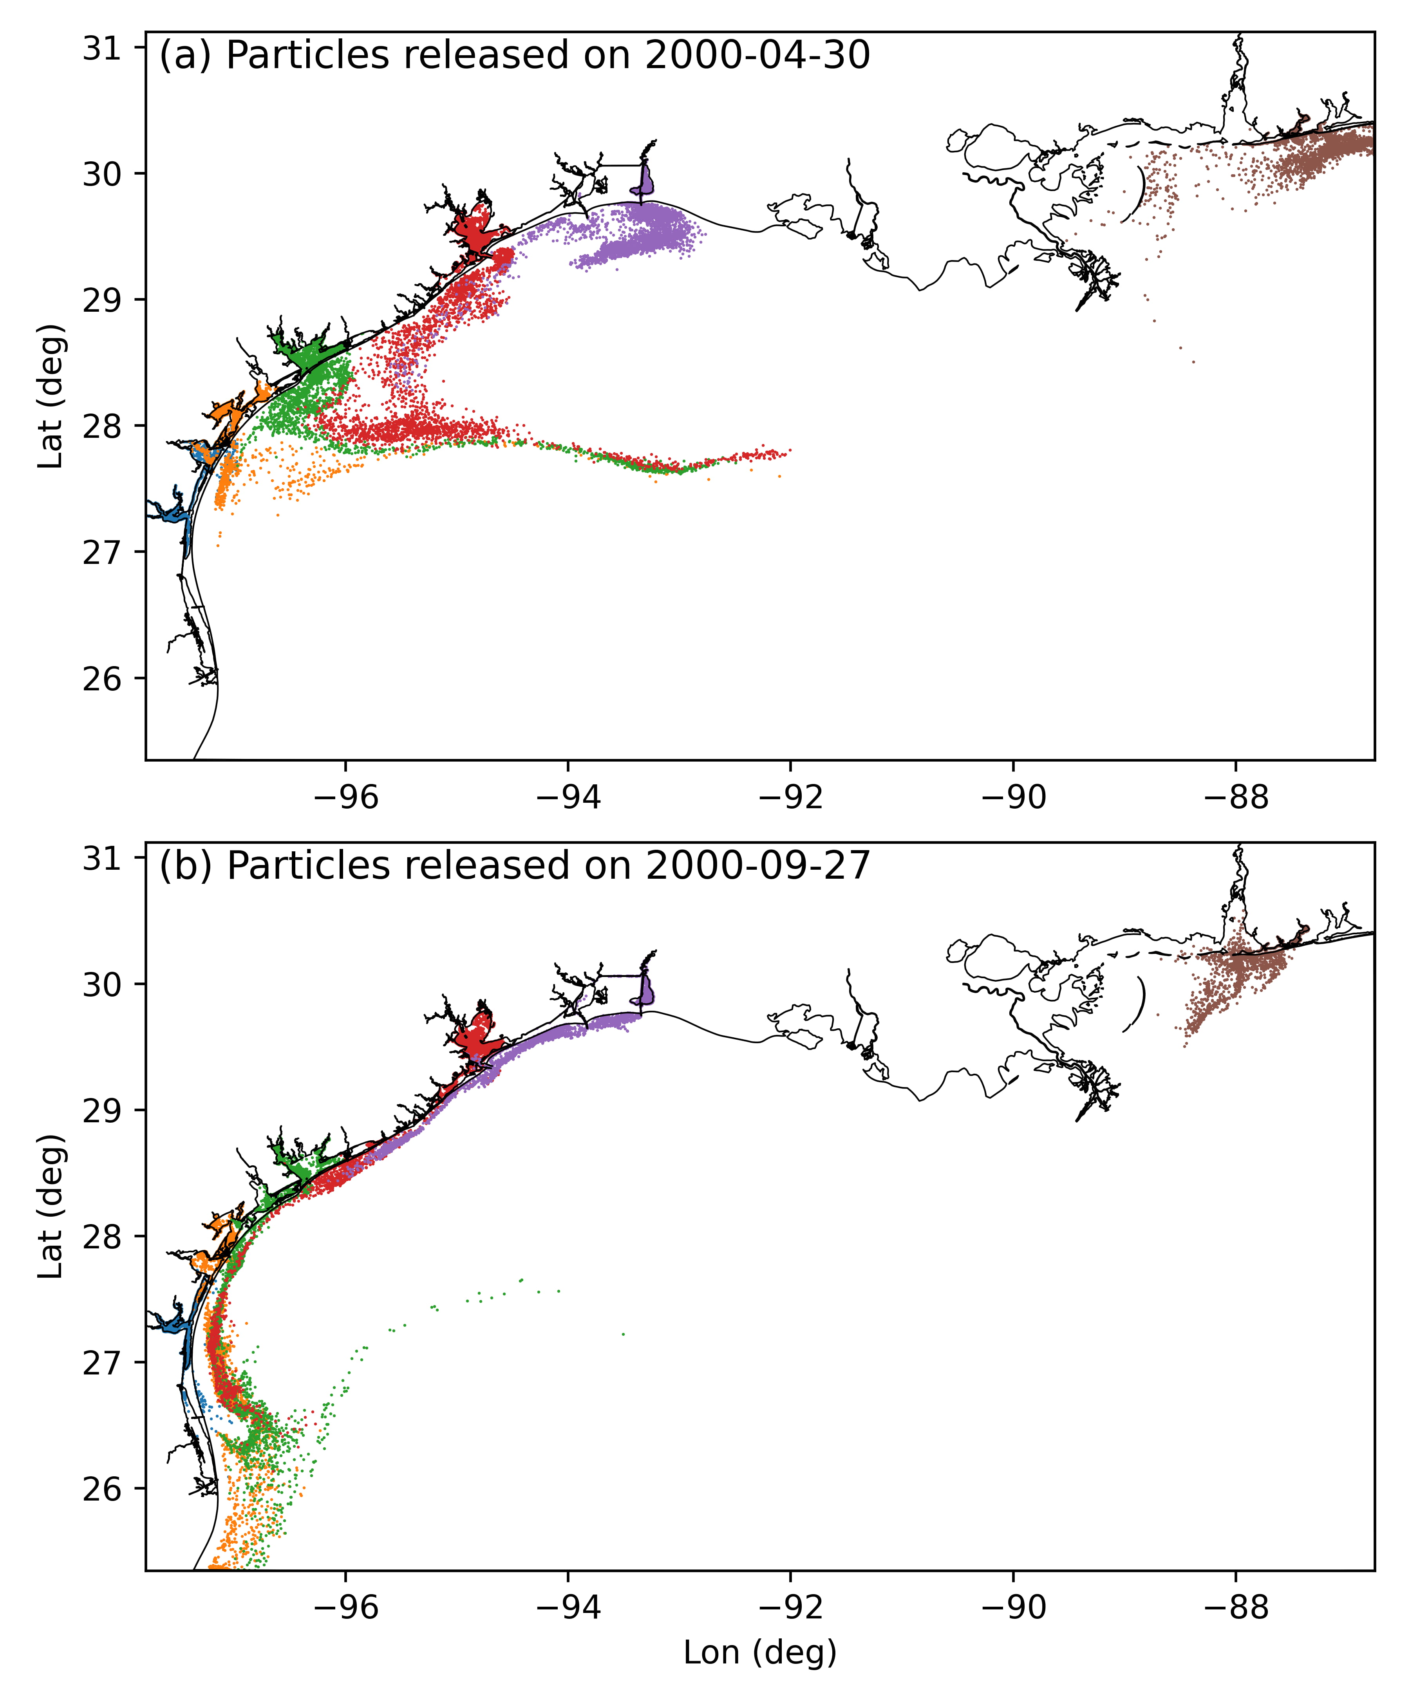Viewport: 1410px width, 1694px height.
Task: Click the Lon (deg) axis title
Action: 760,1653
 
